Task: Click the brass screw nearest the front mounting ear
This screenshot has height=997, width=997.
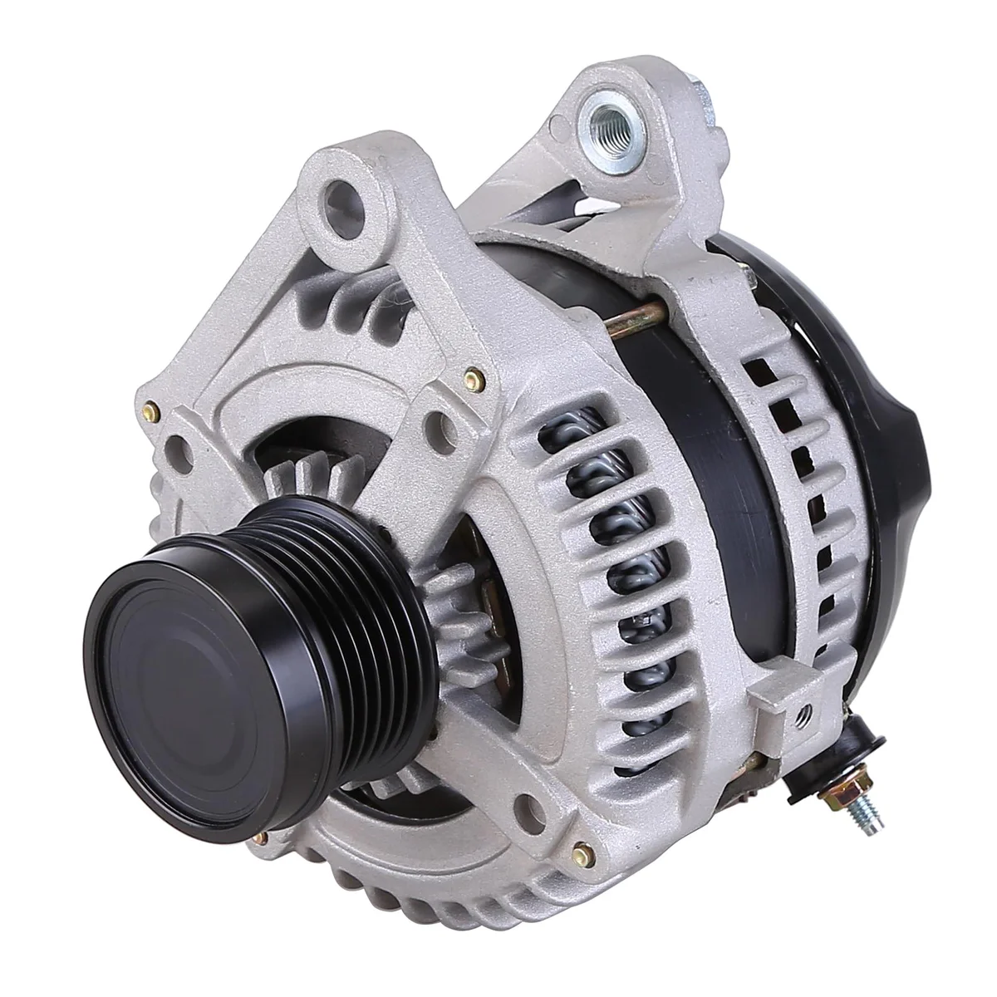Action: tap(473, 378)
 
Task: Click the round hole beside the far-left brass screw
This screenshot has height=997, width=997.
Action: tap(176, 447)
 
